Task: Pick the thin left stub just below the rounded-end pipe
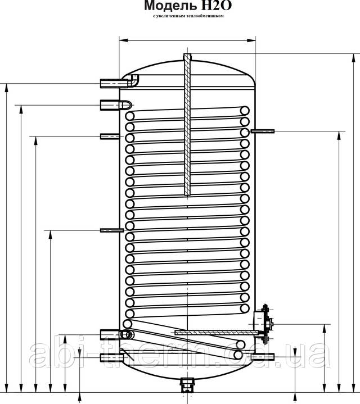(x=110, y=136)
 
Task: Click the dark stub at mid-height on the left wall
(x=111, y=230)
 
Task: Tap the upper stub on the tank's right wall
(x=262, y=131)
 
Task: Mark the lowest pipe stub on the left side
(x=110, y=357)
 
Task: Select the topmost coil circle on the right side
(x=245, y=111)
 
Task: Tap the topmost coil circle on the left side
(x=130, y=116)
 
